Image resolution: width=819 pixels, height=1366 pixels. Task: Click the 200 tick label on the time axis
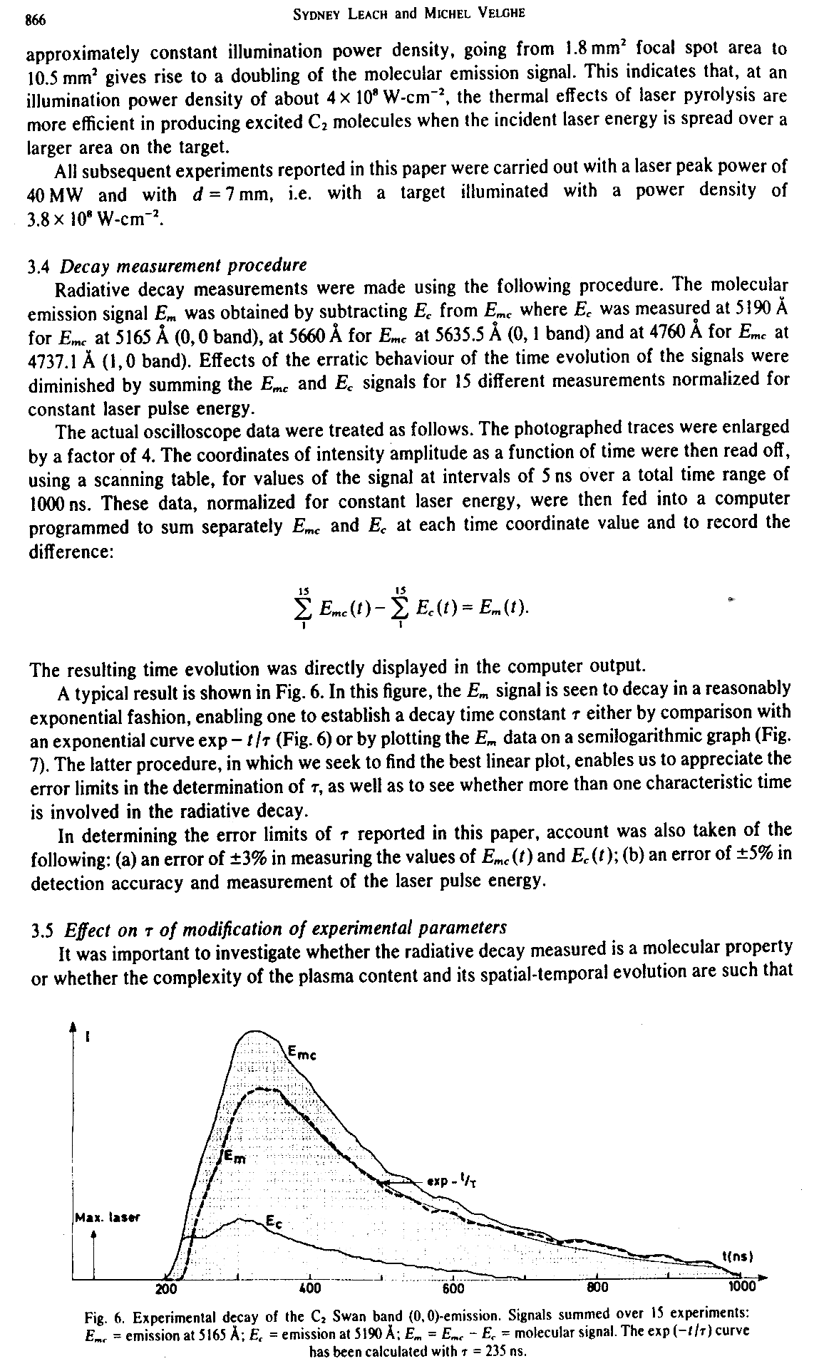pyautogui.click(x=166, y=1288)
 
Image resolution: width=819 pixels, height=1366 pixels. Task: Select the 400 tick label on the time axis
pyautogui.click(x=309, y=1288)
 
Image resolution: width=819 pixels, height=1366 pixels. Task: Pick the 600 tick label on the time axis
pyautogui.click(x=453, y=1288)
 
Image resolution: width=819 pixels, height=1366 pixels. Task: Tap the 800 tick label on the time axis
pyautogui.click(x=597, y=1288)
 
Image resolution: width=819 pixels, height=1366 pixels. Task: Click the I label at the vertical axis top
pyautogui.click(x=87, y=1040)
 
